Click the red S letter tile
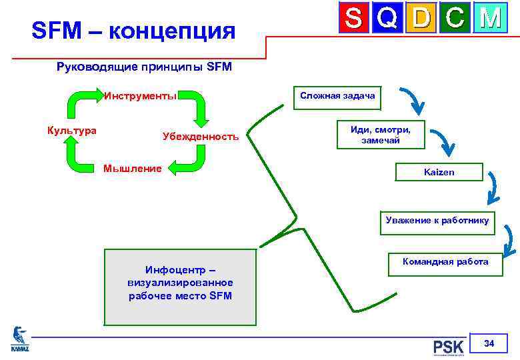point(354,17)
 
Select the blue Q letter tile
point(387,17)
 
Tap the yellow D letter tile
point(421,17)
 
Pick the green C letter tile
point(455,17)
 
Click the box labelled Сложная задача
point(337,96)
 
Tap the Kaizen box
point(439,172)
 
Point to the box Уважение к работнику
point(437,221)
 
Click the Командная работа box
point(445,262)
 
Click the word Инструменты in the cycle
point(140,95)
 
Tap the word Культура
point(71,130)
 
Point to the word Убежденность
point(200,136)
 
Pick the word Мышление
point(132,169)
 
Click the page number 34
point(489,344)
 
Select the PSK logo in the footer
point(448,347)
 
